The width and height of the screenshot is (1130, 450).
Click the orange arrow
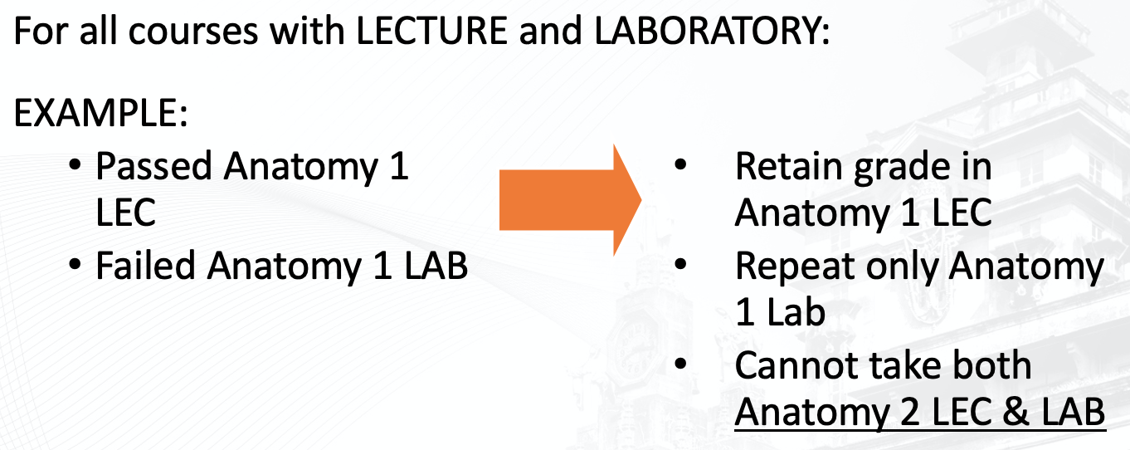point(570,200)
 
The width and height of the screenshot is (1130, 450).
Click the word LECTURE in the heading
point(431,31)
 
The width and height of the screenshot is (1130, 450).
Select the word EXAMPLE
point(95,113)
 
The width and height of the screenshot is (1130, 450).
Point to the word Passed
point(153,166)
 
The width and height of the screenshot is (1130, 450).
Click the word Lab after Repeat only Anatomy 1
point(796,312)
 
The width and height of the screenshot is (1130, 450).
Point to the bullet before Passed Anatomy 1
point(75,164)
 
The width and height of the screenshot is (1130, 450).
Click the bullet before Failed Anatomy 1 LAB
point(75,264)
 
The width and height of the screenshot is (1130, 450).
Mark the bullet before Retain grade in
point(680,164)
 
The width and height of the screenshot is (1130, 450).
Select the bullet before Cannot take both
point(680,364)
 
